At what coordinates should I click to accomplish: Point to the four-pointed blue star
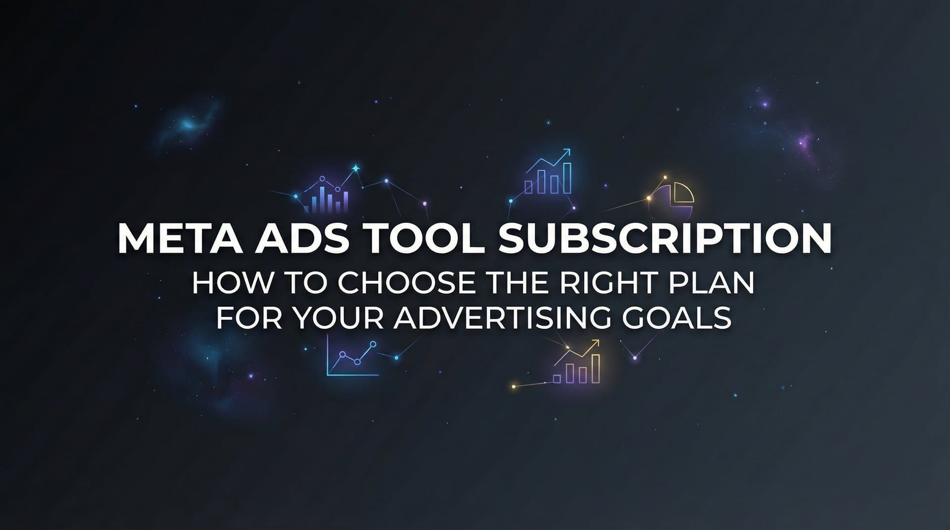click(x=355, y=169)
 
